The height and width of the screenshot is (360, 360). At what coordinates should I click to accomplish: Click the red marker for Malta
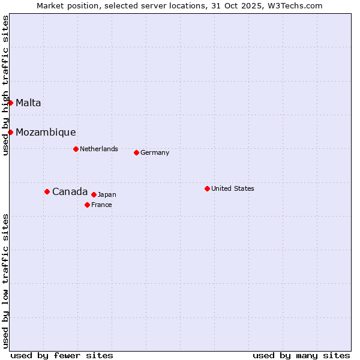(10, 103)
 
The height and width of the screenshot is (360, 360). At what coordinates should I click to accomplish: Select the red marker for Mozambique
(10, 132)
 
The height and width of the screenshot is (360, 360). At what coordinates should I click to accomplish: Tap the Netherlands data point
(76, 149)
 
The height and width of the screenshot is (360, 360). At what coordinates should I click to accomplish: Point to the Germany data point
(136, 152)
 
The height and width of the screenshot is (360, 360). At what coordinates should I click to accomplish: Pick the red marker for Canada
(47, 191)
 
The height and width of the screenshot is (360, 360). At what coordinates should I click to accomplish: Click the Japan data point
(94, 194)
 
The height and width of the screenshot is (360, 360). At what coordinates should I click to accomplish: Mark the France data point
(87, 205)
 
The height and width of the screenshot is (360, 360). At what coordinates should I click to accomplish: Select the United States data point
(207, 188)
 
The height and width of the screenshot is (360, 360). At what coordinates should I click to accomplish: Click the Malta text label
(28, 103)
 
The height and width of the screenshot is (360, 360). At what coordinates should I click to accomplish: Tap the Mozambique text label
(46, 132)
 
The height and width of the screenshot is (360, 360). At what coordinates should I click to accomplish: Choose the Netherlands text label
(99, 149)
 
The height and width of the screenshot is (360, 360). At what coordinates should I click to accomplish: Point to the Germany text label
(155, 152)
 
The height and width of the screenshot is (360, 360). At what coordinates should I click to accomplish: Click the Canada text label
(70, 191)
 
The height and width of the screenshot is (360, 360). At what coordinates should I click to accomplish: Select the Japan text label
(107, 194)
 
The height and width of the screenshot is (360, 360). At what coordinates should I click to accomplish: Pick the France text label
(101, 205)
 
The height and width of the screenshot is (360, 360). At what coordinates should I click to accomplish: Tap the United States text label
(233, 188)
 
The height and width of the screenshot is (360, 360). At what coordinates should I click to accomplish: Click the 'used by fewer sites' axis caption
(62, 355)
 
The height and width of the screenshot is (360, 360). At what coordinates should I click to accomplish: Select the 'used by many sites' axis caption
(301, 355)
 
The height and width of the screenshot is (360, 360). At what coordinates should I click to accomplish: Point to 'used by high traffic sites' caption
(5, 85)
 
